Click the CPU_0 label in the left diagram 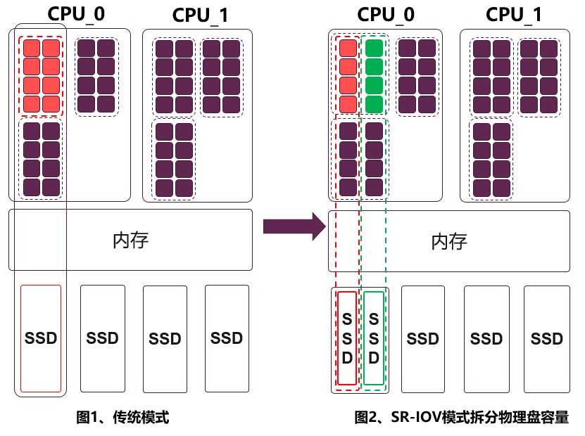pos(76,14)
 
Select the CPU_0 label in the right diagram pos(385,14)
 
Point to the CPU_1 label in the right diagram pos(514,14)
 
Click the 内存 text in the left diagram pos(130,241)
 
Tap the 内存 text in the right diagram pos(448,241)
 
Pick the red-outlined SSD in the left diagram pos(41,338)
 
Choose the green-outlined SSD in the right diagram pos(374,338)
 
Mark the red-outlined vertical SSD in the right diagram pos(347,338)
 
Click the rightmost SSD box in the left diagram pos(226,338)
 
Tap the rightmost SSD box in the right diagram pos(547,338)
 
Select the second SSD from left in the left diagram pos(102,338)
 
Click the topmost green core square pos(374,49)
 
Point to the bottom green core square pos(374,104)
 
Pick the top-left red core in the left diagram pos(32,49)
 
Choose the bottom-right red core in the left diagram pos(51,104)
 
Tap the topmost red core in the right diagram pos(348,49)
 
